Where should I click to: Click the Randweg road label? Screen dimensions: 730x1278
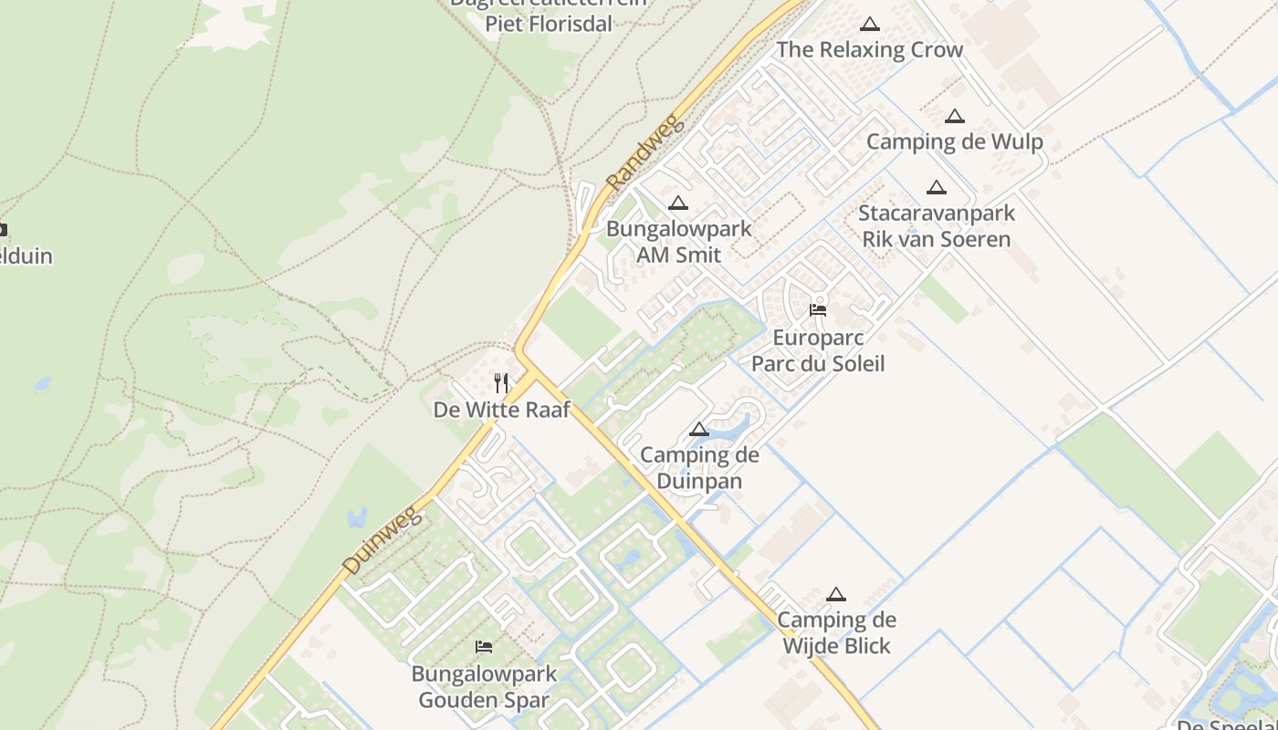point(644,151)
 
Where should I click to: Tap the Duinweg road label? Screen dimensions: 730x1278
point(383,542)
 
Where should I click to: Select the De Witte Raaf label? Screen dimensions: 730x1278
point(501,410)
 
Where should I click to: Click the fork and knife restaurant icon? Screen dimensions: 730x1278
point(501,382)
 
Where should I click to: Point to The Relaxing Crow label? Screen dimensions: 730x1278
point(869,49)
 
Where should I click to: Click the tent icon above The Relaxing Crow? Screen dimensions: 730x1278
point(870,24)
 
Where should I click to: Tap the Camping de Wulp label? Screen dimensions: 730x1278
point(954,141)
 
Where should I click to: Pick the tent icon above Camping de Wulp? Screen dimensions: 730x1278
point(955,116)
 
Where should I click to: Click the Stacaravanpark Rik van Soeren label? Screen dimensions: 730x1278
point(937,226)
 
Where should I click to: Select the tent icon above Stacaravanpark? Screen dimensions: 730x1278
point(937,188)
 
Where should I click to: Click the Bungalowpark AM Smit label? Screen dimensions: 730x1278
point(679,242)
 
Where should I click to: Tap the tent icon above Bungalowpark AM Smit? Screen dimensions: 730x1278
point(678,203)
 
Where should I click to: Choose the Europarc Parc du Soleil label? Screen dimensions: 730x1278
point(818,350)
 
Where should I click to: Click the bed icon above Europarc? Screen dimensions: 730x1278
point(818,310)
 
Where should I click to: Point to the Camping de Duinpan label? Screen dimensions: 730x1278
point(699,468)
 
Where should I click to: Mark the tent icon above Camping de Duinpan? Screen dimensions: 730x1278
point(699,429)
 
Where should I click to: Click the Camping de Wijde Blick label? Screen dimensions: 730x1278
point(836,632)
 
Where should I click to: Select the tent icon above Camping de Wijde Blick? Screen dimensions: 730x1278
point(836,594)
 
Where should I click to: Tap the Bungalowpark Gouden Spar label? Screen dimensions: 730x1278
point(484,687)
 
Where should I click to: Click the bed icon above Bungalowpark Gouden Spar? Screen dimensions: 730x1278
point(484,647)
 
